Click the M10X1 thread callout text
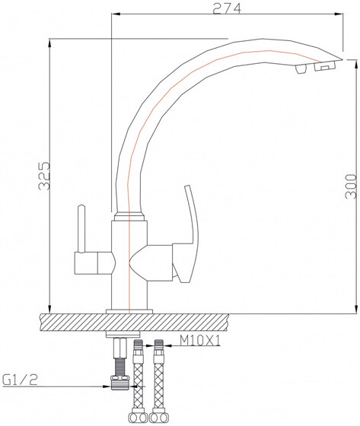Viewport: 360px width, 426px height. coord(200,341)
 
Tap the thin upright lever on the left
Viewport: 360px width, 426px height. coord(80,228)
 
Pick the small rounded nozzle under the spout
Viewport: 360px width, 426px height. coord(300,71)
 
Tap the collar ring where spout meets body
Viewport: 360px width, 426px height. coord(128,218)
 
